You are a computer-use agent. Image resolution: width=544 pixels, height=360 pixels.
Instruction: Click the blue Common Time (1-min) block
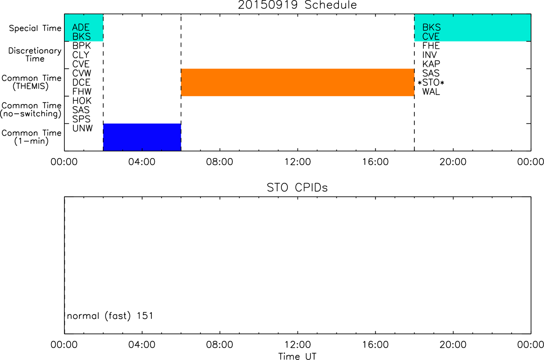142,137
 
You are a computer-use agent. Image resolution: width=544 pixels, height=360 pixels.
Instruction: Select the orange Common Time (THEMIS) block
298,82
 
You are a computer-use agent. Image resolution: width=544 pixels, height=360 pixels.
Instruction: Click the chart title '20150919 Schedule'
297,5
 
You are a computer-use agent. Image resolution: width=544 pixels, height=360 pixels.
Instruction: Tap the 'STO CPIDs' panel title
297,188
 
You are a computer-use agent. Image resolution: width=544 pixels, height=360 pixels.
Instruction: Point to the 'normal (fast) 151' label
110,316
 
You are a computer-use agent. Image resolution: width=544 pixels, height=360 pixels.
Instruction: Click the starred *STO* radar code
431,83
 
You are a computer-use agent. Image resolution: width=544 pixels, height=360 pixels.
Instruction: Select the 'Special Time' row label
35,28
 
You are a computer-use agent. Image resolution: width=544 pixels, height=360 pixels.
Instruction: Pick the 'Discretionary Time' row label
35,55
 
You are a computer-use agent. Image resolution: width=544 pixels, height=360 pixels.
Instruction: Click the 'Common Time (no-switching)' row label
31,110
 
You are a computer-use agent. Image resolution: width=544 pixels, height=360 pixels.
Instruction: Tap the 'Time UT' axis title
297,356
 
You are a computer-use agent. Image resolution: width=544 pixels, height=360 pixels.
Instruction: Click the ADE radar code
81,27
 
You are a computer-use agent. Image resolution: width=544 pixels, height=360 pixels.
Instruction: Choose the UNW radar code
83,128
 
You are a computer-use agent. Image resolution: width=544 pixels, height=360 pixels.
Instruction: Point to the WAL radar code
431,92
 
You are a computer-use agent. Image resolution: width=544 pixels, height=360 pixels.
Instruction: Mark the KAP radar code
431,64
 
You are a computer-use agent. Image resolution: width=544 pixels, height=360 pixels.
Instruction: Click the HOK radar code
82,101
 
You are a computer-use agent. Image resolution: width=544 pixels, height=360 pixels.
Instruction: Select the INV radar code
429,55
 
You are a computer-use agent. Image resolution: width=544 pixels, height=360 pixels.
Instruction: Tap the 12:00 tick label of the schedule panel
298,162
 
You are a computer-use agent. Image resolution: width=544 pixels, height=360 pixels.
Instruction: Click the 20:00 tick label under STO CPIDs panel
453,345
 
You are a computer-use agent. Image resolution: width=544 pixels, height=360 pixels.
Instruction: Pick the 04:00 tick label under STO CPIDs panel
142,345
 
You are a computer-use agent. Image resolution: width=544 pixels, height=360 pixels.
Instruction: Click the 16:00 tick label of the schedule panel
376,162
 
